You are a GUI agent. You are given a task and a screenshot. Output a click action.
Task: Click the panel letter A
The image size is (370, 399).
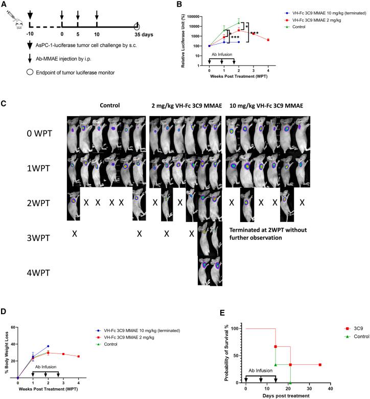[x=4, y=5]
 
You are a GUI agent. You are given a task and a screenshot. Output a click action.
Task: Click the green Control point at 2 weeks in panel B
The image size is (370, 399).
[x=239, y=21]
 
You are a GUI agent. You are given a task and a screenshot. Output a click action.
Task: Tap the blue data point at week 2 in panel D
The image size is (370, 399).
[x=49, y=346]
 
